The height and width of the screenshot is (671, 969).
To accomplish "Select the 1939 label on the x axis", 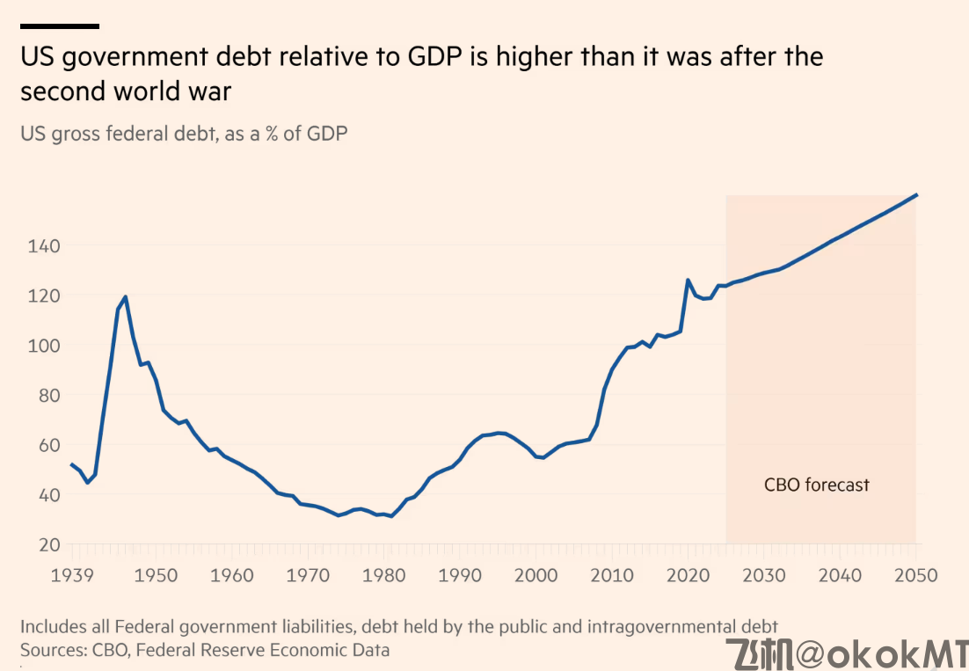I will (x=72, y=576).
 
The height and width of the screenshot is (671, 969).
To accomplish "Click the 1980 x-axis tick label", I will (x=382, y=576).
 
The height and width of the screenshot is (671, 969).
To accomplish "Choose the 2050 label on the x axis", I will (x=916, y=576).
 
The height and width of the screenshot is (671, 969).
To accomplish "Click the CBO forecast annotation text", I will (x=816, y=485).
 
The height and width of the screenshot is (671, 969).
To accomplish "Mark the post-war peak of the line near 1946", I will (x=126, y=296).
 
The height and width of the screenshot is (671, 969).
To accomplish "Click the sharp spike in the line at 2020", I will (x=687, y=280).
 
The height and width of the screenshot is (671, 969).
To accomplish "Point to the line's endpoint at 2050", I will (x=917, y=194).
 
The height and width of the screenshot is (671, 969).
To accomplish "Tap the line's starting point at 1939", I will (x=71, y=464).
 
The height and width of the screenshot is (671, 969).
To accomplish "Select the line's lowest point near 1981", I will (x=391, y=516).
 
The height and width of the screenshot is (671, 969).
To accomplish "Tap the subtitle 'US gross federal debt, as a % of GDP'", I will (x=184, y=134).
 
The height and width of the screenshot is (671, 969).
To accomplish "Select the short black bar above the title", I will (x=59, y=26).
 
